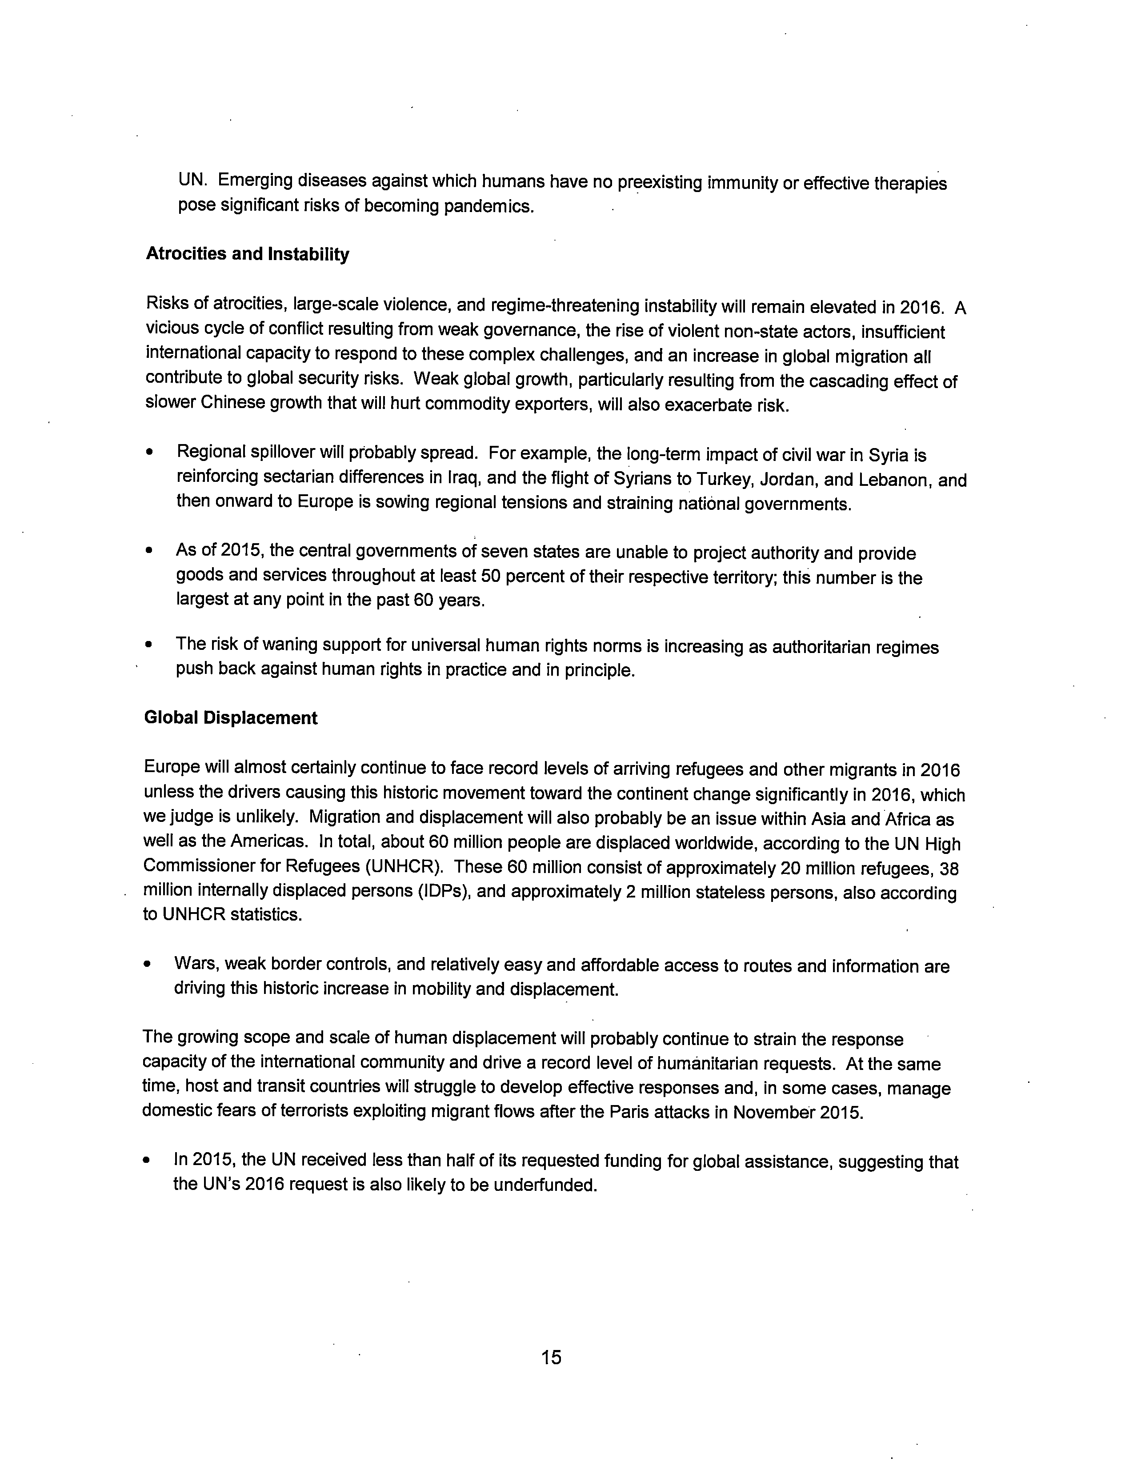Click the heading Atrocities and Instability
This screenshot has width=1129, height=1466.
(x=247, y=254)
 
